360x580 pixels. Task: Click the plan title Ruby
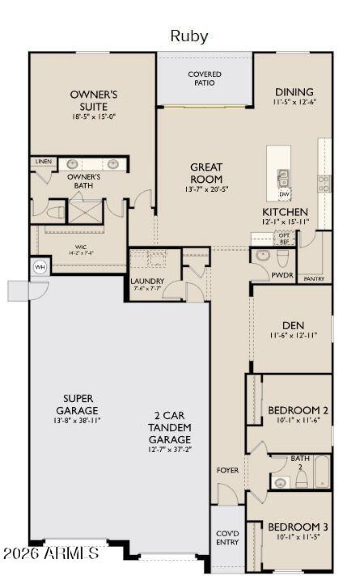(189, 36)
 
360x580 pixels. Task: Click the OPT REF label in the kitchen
(284, 238)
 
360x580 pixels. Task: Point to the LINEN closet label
(44, 162)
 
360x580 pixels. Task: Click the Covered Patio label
(205, 78)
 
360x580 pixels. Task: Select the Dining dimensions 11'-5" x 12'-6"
(294, 103)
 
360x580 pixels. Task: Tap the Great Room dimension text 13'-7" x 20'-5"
(206, 189)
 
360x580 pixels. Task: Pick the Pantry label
(314, 279)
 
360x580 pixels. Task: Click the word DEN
(293, 325)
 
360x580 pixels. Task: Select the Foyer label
(228, 471)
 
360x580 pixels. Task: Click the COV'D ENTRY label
(228, 538)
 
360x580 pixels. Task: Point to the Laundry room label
(148, 282)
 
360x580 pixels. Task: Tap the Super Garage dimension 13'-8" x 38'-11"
(78, 421)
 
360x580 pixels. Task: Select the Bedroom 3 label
(298, 527)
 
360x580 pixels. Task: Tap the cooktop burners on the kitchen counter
(324, 184)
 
